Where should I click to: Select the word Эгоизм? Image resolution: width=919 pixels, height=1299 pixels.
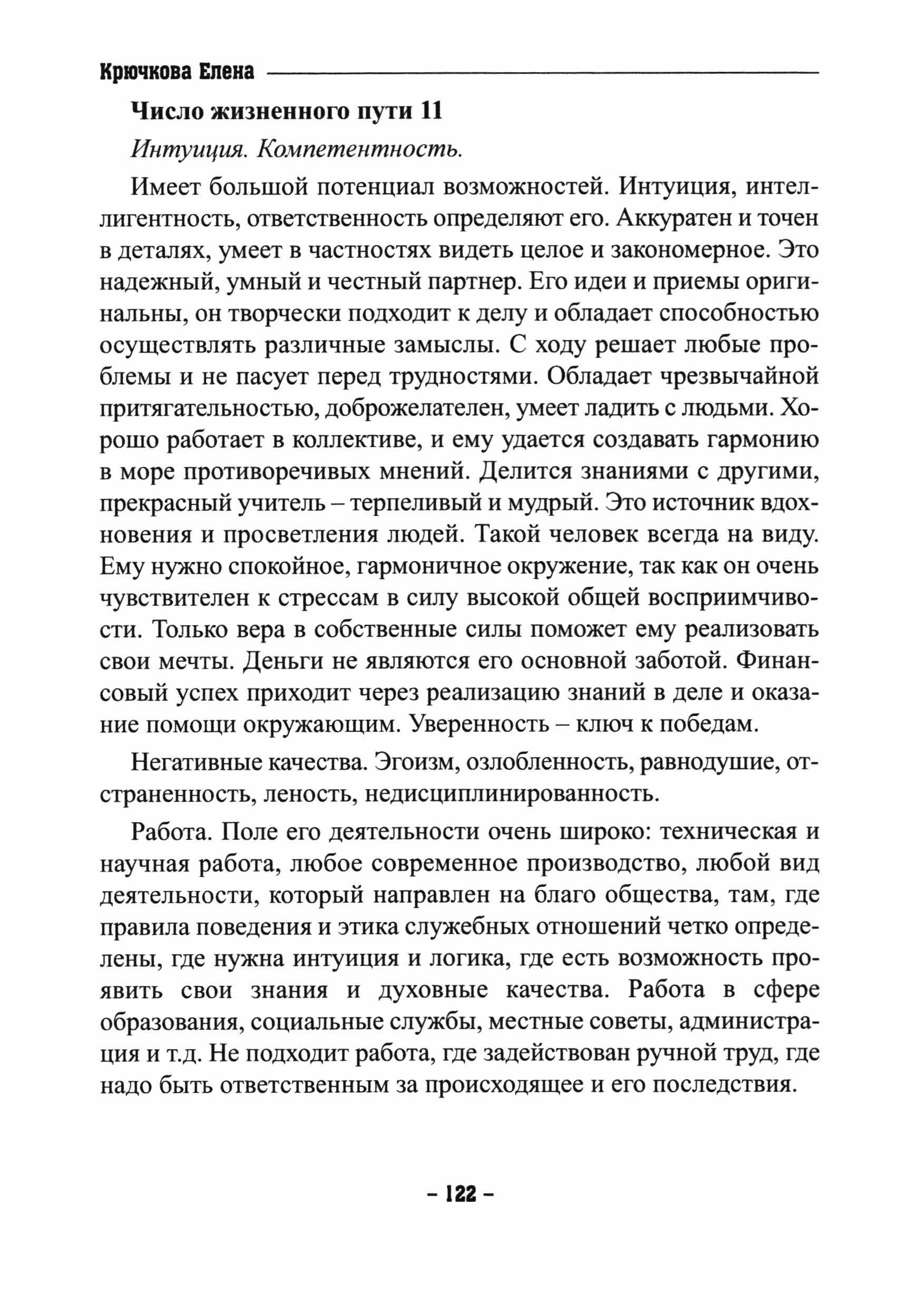tap(407, 764)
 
